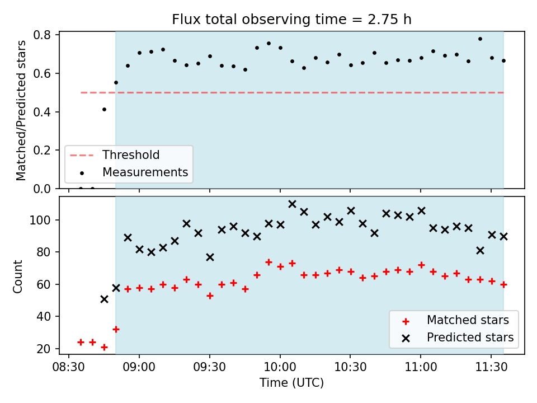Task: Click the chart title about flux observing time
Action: (291, 20)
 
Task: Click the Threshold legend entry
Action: (115, 155)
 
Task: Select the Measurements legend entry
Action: (134, 172)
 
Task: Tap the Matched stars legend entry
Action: (455, 320)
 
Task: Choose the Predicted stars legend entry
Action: (458, 338)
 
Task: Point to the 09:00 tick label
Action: (139, 367)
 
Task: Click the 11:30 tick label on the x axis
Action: (491, 367)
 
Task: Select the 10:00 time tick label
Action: (280, 367)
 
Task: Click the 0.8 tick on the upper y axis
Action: (42, 35)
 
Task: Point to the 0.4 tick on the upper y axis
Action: (42, 112)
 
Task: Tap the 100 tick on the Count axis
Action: (40, 220)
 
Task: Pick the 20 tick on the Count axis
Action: (44, 349)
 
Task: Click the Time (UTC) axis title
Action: (291, 383)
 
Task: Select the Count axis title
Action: (17, 277)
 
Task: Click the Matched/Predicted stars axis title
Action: (21, 110)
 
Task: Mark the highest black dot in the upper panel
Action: (480, 39)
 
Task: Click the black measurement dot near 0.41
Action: (105, 110)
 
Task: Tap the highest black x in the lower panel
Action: (292, 204)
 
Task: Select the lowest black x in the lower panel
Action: (105, 299)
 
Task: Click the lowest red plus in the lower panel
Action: (105, 348)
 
